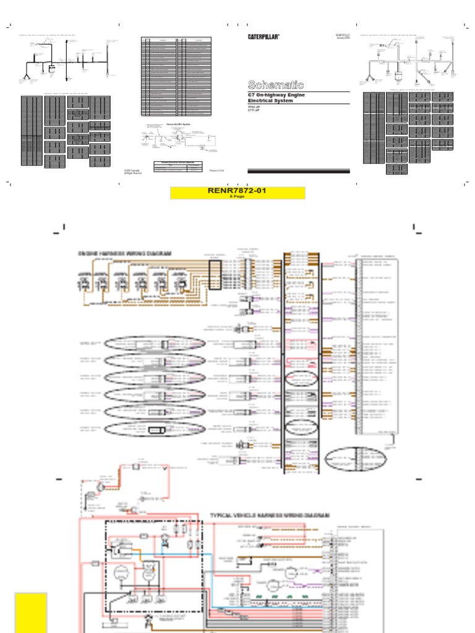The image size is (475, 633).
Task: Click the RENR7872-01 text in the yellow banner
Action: point(237,191)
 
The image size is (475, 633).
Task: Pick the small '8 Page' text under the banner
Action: point(237,197)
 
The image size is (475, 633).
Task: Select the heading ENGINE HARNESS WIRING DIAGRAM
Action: point(124,254)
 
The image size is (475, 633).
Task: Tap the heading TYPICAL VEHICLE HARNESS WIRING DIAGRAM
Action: point(270,515)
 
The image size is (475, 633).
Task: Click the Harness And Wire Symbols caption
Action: point(178,124)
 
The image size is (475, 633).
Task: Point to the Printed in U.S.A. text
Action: point(216,171)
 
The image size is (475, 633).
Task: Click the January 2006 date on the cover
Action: point(342,39)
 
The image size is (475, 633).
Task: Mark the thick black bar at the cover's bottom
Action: point(298,171)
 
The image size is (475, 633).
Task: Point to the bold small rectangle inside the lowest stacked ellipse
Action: point(156,430)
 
